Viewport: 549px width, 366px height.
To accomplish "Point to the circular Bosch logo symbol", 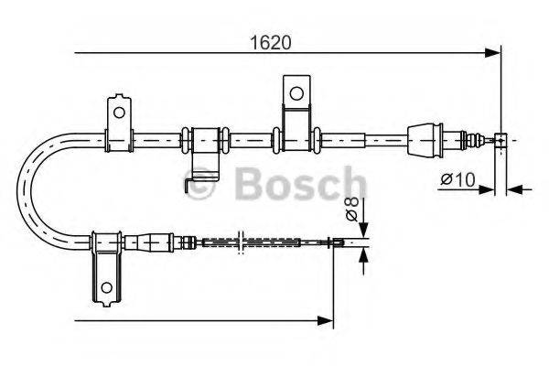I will tap(200, 182).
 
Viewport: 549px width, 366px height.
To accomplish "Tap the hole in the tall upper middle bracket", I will tap(296, 92).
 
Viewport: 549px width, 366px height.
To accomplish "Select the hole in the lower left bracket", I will tap(107, 287).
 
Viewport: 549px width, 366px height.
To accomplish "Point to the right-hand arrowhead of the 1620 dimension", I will tap(494, 54).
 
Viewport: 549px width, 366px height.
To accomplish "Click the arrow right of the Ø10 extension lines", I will tap(514, 189).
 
